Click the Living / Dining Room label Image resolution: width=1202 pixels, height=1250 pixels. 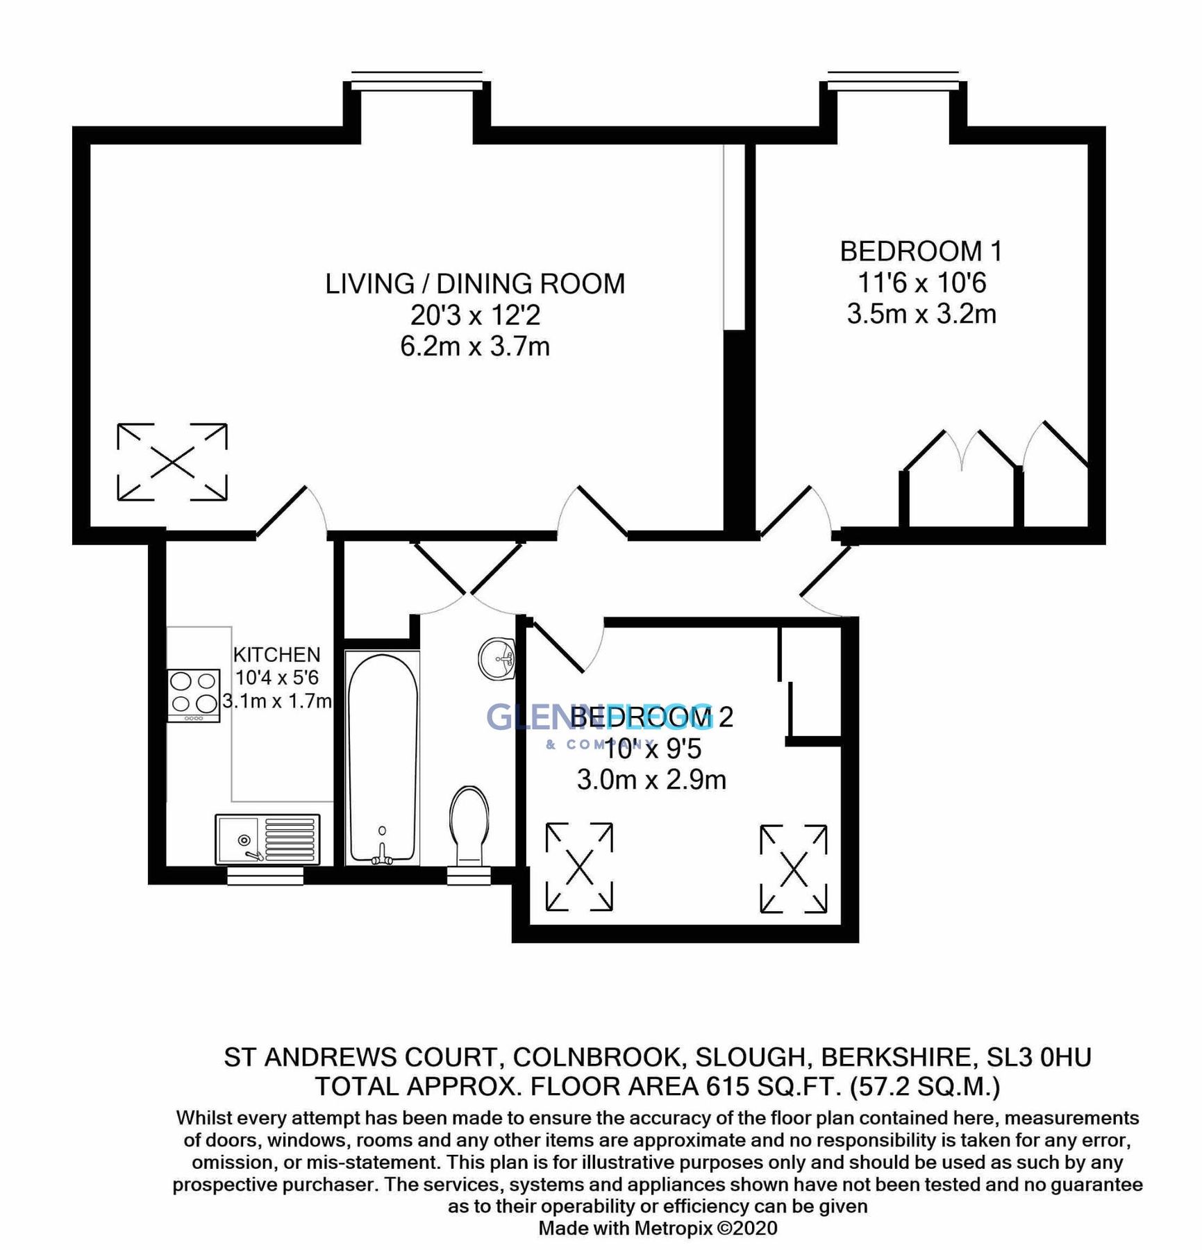click(x=475, y=284)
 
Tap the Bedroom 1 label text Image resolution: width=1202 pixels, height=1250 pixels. click(x=921, y=251)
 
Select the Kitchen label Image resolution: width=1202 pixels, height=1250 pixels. click(x=276, y=655)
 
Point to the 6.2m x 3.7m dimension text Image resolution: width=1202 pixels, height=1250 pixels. click(x=475, y=346)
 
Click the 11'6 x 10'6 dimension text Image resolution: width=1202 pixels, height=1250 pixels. click(x=921, y=283)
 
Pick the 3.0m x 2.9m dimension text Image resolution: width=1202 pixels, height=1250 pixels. click(x=651, y=780)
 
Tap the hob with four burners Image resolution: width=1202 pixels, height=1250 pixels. click(x=194, y=695)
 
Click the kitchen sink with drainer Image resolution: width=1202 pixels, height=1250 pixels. click(x=267, y=839)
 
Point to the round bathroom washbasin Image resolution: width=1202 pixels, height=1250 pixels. click(x=497, y=657)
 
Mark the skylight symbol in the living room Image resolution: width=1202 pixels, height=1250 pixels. click(x=172, y=462)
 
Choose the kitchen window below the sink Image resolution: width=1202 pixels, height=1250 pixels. click(x=265, y=878)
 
